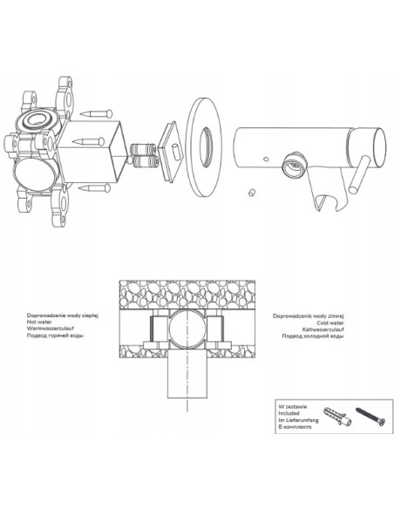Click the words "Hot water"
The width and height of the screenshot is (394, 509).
[39, 322]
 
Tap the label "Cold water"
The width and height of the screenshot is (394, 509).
[330, 322]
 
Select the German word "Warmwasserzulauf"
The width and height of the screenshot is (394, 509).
[51, 329]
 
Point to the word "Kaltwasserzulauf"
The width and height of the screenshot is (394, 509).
[323, 329]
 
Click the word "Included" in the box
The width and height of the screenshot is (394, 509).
[289, 413]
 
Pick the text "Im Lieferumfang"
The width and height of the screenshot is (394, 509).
[298, 420]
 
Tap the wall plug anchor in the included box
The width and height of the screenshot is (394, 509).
[337, 416]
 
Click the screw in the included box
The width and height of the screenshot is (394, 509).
[370, 416]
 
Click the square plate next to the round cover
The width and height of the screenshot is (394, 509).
[172, 151]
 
